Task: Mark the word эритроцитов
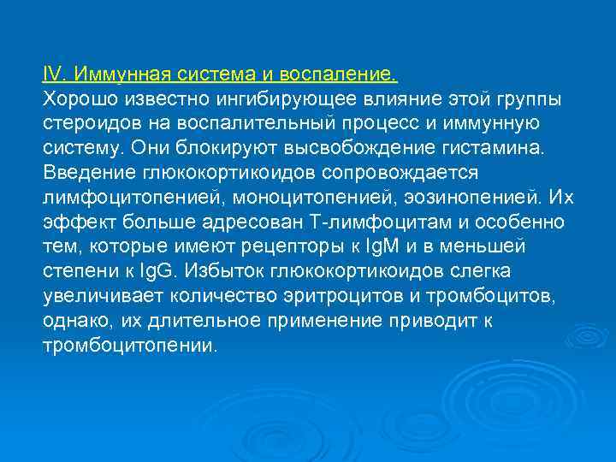(x=359, y=296)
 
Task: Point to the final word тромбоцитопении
(x=131, y=346)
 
